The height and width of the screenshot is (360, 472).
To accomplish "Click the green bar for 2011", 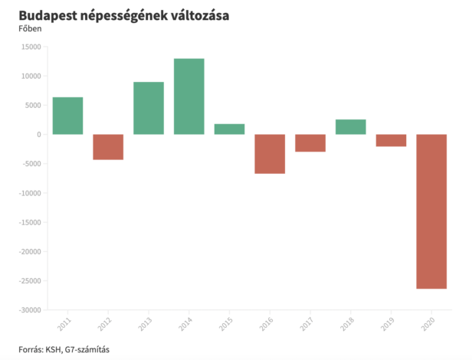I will click(67, 116).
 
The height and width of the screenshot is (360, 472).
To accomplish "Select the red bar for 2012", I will click(108, 147).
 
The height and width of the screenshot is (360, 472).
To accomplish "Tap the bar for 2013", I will click(149, 108).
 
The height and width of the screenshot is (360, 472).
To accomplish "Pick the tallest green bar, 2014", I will click(188, 97).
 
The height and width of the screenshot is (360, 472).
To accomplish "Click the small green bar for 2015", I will click(229, 129).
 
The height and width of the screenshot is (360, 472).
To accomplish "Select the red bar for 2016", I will click(270, 154).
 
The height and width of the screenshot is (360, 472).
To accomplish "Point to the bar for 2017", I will click(310, 143).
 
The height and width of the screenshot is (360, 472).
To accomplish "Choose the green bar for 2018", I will click(350, 127).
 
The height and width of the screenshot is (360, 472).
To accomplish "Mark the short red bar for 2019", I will click(391, 140).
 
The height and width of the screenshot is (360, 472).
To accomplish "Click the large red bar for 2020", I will click(431, 211).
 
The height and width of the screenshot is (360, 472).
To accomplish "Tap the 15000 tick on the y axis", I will click(31, 47).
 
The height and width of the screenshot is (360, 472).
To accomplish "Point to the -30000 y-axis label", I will click(30, 310).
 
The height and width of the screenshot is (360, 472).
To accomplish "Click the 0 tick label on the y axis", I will click(38, 135).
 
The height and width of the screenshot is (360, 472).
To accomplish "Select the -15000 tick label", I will click(30, 223).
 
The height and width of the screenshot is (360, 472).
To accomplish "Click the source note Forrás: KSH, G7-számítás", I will click(64, 349).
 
